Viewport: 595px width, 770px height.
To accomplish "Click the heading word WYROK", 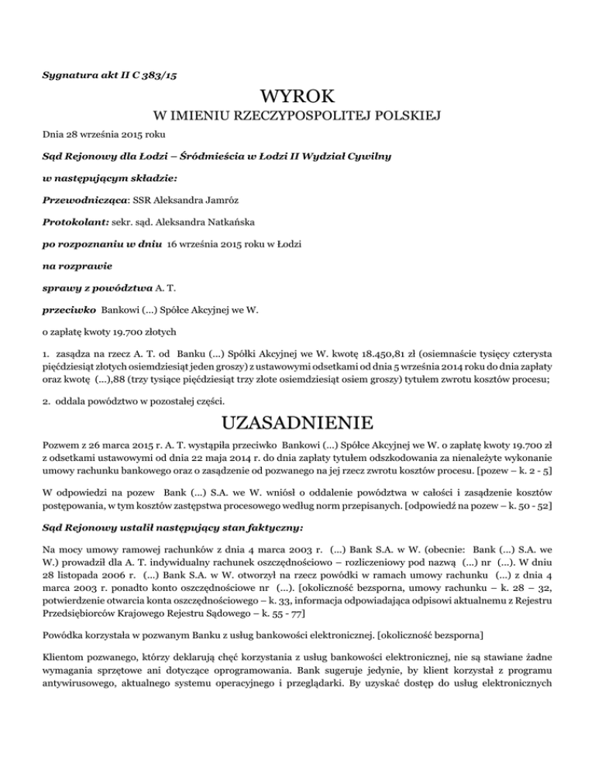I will [297, 98].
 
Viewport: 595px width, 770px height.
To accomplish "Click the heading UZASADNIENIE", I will [297, 425].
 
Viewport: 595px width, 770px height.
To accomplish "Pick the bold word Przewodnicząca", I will [77, 200].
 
